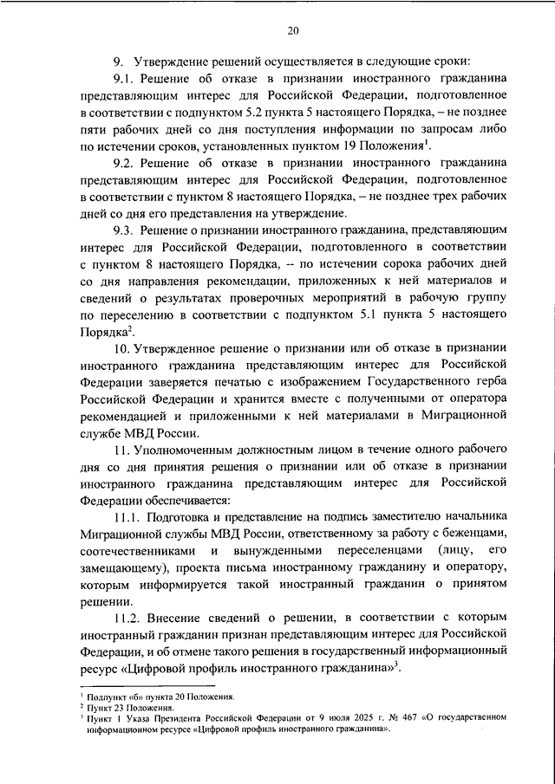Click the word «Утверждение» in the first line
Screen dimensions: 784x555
pos(174,62)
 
